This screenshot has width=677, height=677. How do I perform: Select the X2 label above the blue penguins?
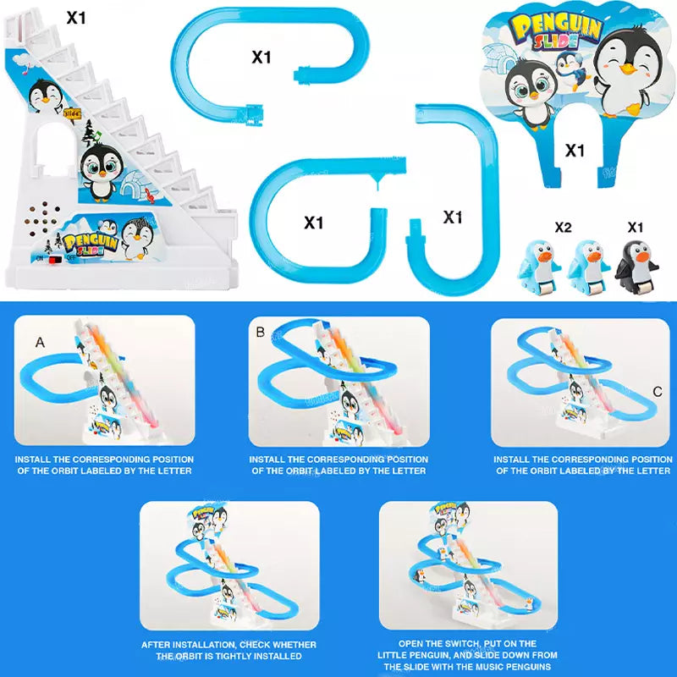[x=564, y=228]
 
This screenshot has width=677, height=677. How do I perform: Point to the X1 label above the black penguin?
[x=636, y=228]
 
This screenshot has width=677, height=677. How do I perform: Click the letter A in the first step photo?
[x=40, y=342]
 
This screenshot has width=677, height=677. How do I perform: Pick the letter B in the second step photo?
[x=261, y=332]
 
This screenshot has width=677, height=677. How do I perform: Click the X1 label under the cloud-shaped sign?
[x=575, y=151]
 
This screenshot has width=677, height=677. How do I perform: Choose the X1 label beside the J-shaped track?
[x=453, y=217]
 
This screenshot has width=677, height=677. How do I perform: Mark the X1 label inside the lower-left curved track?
[x=314, y=223]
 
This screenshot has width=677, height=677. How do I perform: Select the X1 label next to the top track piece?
[x=261, y=58]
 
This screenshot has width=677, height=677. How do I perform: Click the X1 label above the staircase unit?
[x=77, y=16]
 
